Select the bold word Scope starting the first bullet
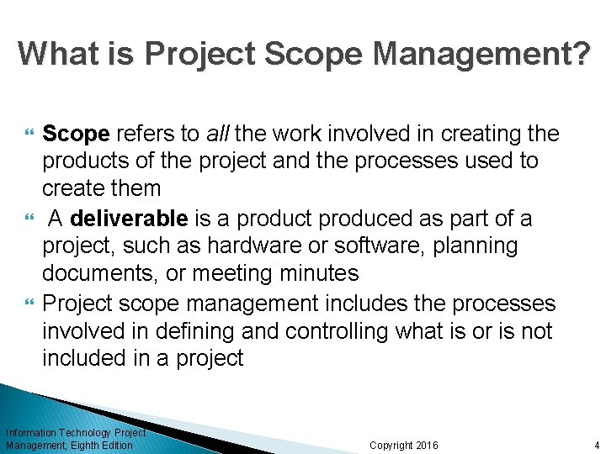pos(76,134)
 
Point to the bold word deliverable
pos(129,219)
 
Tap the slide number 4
pos(596,445)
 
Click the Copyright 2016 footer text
pos(404,445)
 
